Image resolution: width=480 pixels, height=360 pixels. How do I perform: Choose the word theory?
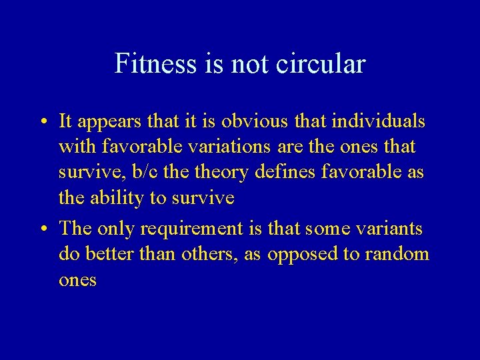pos(215,172)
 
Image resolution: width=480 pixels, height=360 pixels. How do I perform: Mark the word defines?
pos(283,172)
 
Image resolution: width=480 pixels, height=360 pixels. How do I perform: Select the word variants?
pos(390,229)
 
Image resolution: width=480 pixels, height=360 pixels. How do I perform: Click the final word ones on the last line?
pos(77,281)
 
